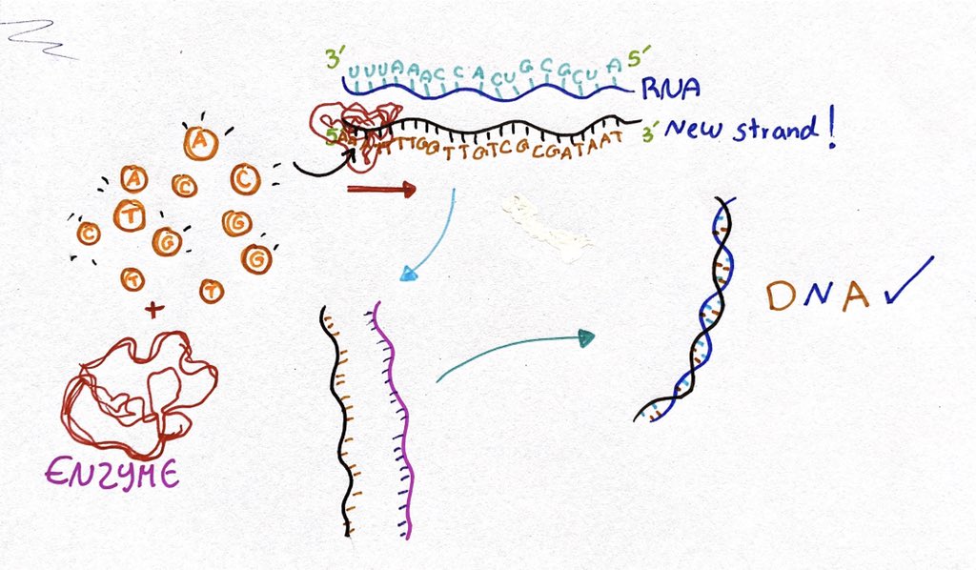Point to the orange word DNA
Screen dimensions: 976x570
click(x=818, y=295)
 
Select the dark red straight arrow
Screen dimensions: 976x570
click(x=380, y=190)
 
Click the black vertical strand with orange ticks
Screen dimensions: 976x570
click(x=338, y=419)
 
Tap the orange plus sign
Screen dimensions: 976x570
click(x=150, y=310)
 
